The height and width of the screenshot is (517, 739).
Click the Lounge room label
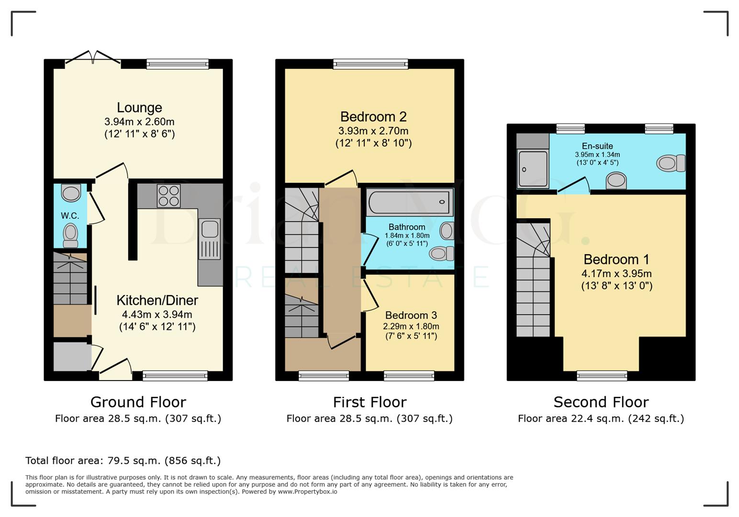pyautogui.click(x=139, y=108)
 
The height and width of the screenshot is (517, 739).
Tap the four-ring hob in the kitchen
pyautogui.click(x=168, y=196)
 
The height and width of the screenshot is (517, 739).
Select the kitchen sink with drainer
pyautogui.click(x=210, y=239)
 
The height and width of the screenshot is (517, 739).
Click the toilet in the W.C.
pyautogui.click(x=70, y=235)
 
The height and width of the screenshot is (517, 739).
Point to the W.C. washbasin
pyautogui.click(x=71, y=193)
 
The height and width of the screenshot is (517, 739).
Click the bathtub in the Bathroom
pyautogui.click(x=409, y=202)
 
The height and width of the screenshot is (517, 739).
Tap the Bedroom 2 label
pyautogui.click(x=373, y=117)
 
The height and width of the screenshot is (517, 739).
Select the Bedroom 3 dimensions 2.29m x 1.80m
pyautogui.click(x=411, y=326)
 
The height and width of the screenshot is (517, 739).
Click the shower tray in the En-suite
pyautogui.click(x=532, y=169)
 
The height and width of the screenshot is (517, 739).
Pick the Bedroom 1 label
pyautogui.click(x=616, y=259)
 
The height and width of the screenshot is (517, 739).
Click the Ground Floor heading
pyautogui.click(x=138, y=402)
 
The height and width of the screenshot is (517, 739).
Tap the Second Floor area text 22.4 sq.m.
pyautogui.click(x=601, y=419)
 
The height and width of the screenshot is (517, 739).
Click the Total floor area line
pyautogui.click(x=123, y=461)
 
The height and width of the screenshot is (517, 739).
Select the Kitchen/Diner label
pyautogui.click(x=157, y=301)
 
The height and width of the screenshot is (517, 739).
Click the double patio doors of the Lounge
pyautogui.click(x=93, y=58)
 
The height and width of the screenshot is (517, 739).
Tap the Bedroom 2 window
pyautogui.click(x=370, y=64)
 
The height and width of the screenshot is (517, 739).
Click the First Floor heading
pyautogui.click(x=369, y=402)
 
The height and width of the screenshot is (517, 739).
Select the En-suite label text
pyautogui.click(x=597, y=146)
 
